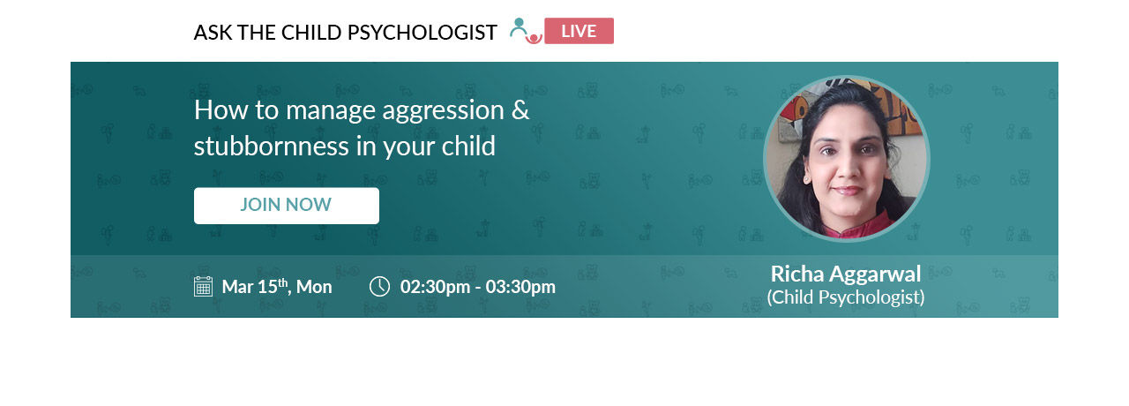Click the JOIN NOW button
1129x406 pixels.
tap(287, 206)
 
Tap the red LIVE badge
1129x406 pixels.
tap(579, 31)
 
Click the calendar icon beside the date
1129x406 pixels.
tap(203, 287)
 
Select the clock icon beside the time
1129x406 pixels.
tap(379, 287)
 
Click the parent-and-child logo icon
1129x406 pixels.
tap(526, 31)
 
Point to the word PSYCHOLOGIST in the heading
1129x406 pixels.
tap(422, 33)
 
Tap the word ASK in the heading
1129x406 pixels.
tap(213, 33)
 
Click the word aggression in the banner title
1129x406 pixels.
tap(443, 111)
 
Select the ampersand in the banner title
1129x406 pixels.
tap(520, 109)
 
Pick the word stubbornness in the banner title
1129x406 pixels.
tap(271, 146)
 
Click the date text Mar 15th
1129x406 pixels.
tap(255, 287)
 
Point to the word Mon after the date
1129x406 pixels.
tap(314, 287)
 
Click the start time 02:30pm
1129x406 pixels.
tap(435, 287)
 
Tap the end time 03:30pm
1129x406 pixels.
tap(520, 287)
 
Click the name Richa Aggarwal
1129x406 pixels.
tap(845, 274)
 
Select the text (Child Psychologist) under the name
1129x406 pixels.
tap(845, 297)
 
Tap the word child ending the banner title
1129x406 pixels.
tap(468, 146)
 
